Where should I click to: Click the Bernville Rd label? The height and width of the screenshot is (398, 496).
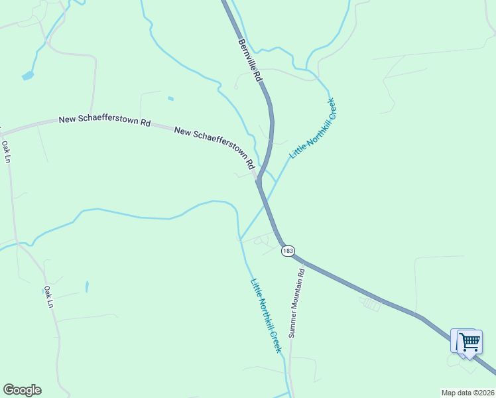coord(251,60)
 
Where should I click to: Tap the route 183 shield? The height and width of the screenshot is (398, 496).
coord(287,250)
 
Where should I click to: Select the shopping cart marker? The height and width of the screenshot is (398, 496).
coord(469,342)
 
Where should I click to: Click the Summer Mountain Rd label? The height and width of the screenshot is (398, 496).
coord(296,302)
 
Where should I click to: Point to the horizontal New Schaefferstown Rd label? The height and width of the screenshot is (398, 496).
coord(105,121)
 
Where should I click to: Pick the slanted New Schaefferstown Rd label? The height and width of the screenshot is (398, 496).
coord(215,147)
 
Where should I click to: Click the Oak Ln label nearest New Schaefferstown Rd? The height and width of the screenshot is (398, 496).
coord(6,151)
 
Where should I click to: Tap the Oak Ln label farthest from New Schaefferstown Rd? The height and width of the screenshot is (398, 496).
coord(48,297)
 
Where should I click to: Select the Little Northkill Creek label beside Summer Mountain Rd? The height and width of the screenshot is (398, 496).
coord(267,315)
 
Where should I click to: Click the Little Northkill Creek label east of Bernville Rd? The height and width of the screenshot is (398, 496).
coord(313,128)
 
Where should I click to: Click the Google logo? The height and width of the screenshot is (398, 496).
coord(22,390)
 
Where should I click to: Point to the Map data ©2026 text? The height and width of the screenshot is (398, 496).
coord(467,392)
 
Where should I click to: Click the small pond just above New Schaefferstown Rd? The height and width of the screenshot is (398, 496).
coord(170,99)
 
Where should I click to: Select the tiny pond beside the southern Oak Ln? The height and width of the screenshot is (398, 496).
coord(87,287)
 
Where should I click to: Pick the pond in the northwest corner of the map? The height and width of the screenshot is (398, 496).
coord(27,76)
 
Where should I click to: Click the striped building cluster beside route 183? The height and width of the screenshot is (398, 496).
coord(372,304)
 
